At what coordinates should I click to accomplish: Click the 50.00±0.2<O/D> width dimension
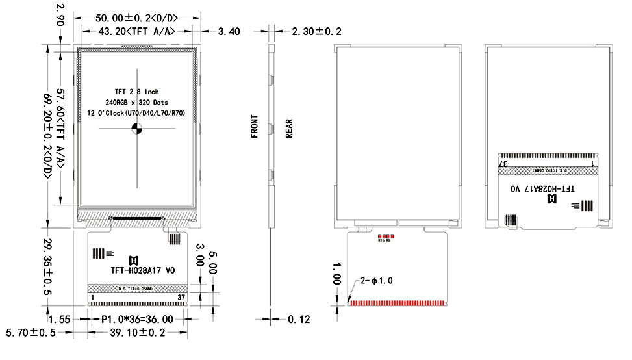click(137, 17)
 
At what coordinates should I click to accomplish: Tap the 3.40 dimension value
click(230, 31)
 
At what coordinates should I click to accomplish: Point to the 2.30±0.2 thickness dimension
click(316, 31)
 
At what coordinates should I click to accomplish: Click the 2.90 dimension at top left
click(60, 14)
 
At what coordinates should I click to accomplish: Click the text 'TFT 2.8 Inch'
click(136, 92)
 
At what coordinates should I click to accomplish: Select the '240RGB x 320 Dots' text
click(136, 103)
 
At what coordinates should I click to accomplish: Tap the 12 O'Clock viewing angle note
click(136, 113)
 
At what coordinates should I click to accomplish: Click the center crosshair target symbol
click(137, 129)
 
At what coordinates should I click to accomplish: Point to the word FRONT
click(255, 126)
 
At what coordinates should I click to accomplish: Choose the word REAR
click(288, 128)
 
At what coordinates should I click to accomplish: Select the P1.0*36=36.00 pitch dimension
click(137, 319)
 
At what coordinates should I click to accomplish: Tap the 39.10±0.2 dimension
click(137, 333)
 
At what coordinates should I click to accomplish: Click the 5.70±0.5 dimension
click(31, 333)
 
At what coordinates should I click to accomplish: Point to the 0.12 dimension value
click(299, 319)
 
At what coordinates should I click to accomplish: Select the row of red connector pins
click(396, 303)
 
